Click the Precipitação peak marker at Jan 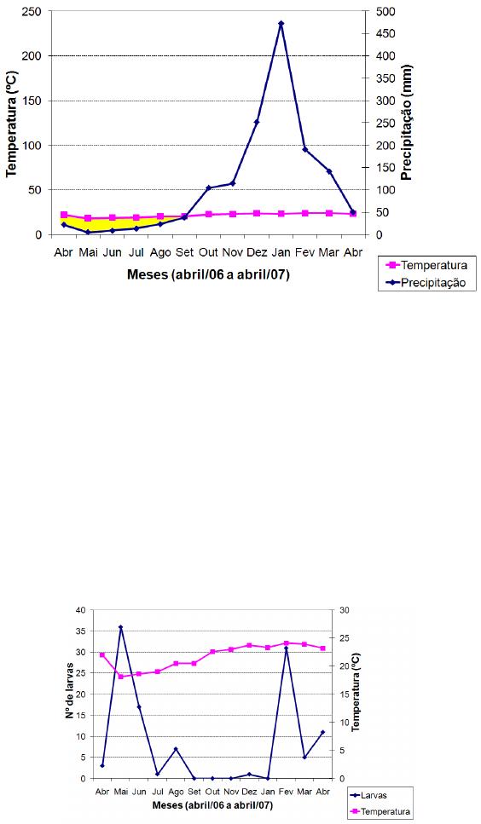(281, 23)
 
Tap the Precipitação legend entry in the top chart (425, 283)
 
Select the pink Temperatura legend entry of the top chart (425, 265)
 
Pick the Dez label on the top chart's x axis (257, 253)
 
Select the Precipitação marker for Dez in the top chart (257, 122)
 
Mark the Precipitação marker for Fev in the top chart (305, 149)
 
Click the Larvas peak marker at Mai (120, 627)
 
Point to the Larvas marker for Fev (286, 648)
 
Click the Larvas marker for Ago (176, 749)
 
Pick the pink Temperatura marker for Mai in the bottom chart (120, 677)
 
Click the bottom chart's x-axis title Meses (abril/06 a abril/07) (212, 805)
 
